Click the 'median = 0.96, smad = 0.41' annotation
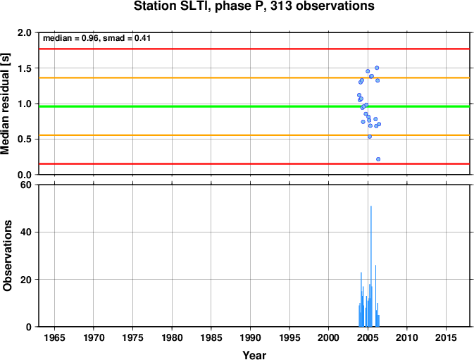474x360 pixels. point(96,38)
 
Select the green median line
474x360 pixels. point(254,106)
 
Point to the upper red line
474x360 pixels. point(254,49)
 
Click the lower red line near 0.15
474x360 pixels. point(254,164)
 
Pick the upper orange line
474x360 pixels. point(254,77)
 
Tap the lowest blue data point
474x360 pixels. point(378,159)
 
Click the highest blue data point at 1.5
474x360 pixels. point(377,68)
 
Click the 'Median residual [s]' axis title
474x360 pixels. point(5,104)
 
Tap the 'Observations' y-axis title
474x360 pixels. point(7,256)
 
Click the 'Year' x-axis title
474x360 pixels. point(254,355)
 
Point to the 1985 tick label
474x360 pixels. point(211,337)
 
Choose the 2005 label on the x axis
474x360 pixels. point(368,337)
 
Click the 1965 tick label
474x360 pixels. point(54,337)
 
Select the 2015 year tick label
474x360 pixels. point(446,337)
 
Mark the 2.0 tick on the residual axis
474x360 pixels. point(25,32)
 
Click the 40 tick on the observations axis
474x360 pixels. point(26,232)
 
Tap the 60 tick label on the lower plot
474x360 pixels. point(26,185)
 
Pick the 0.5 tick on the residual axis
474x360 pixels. point(25,139)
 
